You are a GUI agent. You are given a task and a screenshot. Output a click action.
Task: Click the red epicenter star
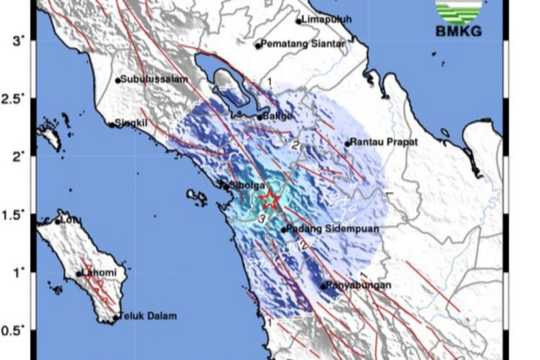[x=271, y=200]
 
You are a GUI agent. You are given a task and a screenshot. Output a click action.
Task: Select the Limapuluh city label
[x=327, y=20]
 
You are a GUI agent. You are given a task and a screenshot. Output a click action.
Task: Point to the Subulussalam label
[x=149, y=79]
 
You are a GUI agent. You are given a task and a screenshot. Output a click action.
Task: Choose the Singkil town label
[x=132, y=124]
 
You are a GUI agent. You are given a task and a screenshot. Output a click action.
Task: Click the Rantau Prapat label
[x=384, y=142]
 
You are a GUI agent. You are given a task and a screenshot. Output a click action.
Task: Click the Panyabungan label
[x=360, y=285]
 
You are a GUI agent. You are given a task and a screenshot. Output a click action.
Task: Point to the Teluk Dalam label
[x=149, y=316]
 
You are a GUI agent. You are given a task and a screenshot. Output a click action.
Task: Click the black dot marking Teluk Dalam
[x=116, y=319]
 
